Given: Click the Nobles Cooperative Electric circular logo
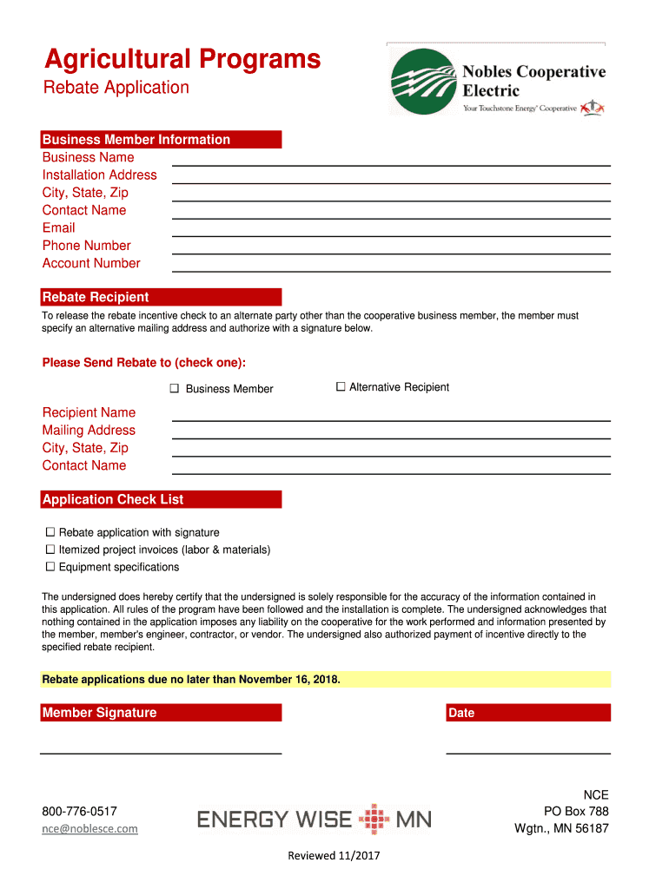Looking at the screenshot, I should pos(424,82).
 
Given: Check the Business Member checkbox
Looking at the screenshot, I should pos(174,389).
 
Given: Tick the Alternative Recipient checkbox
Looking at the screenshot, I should pos(341,387).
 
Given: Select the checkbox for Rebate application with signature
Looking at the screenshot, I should pos(50,532).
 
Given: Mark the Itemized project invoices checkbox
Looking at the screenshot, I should pos(50,550).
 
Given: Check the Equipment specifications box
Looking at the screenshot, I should pos(50,567).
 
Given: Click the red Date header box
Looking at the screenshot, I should pos(527,713).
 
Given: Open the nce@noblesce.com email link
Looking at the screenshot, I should pos(89,829).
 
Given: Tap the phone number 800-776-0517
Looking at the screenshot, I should pos(79,812).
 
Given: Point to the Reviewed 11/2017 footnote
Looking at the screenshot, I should pos(334,856).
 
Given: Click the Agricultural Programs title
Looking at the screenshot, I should pos(182,59).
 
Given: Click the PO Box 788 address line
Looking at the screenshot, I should pos(576,812).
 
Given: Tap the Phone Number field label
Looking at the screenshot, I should pos(86,246).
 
